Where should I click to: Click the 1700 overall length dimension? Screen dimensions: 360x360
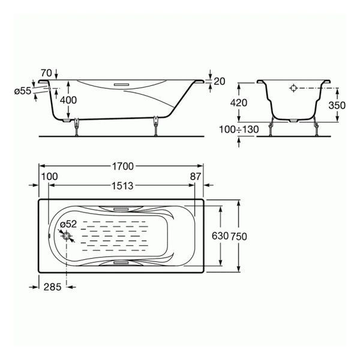pyautogui.click(x=122, y=166)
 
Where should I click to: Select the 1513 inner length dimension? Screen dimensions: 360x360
pyautogui.click(x=122, y=186)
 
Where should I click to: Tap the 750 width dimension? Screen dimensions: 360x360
pyautogui.click(x=239, y=236)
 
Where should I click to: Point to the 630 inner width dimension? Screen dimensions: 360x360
pyautogui.click(x=220, y=236)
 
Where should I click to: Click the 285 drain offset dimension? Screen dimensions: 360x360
pyautogui.click(x=53, y=287)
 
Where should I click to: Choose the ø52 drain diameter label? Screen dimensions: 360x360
pyautogui.click(x=68, y=224)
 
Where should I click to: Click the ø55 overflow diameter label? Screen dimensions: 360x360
pyautogui.click(x=23, y=91)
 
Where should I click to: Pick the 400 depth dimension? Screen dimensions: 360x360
pyautogui.click(x=68, y=100)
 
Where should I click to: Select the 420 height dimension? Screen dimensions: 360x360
pyautogui.click(x=239, y=103)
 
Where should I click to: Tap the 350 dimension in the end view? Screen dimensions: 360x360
pyautogui.click(x=337, y=106)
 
